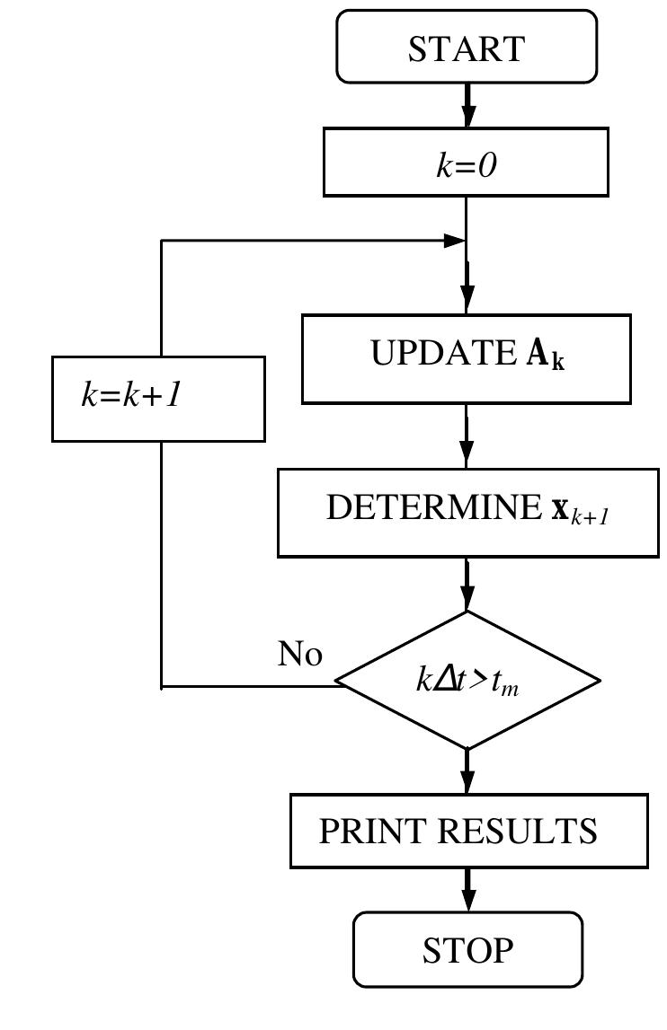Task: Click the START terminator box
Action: point(466,47)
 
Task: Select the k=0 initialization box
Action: point(466,162)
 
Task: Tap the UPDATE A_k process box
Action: point(466,358)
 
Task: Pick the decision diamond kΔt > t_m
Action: point(467,681)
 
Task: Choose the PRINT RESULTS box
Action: point(468,831)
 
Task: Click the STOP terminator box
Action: point(467,949)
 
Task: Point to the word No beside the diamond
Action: point(299,655)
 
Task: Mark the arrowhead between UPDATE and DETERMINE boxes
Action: point(467,454)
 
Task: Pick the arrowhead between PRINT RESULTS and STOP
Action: point(467,900)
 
